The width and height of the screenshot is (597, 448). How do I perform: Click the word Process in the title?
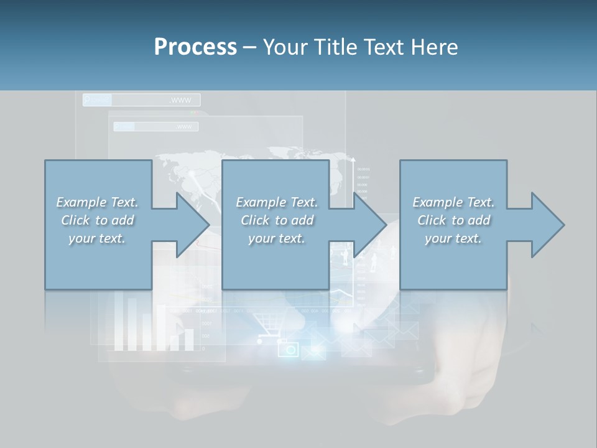click(195, 47)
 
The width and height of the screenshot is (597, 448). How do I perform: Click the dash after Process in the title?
click(250, 47)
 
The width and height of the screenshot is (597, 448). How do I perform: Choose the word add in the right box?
click(479, 220)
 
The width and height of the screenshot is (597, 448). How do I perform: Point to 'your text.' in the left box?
click(97, 238)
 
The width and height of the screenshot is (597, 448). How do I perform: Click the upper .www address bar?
click(142, 100)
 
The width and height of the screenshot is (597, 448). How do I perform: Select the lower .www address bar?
click(156, 127)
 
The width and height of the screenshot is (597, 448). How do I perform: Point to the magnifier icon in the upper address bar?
click(88, 100)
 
